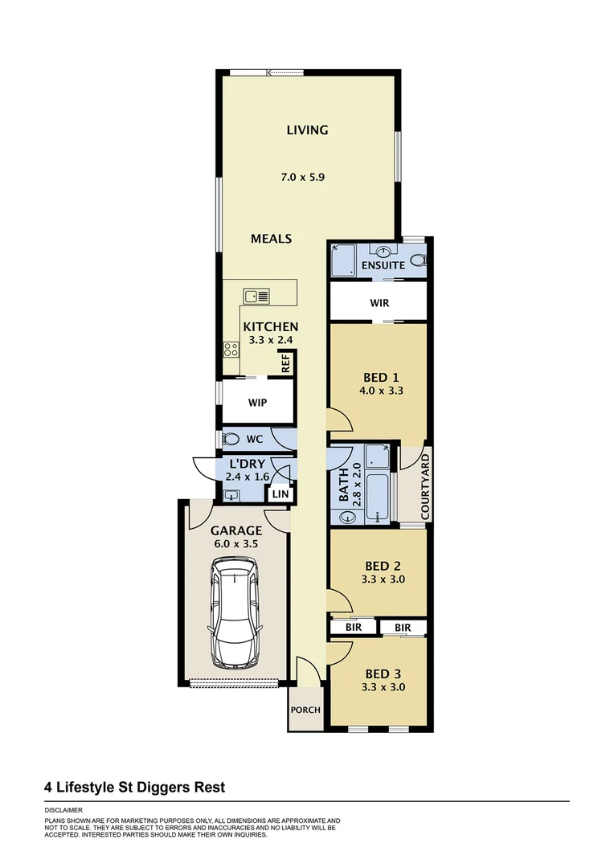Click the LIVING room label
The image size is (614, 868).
click(307, 130)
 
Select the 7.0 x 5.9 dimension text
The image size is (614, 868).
click(307, 177)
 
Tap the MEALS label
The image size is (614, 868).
click(271, 239)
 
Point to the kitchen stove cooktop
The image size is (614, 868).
click(231, 350)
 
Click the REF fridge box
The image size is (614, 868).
click(285, 364)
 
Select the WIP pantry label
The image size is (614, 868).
click(257, 403)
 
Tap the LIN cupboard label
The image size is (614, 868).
click(280, 494)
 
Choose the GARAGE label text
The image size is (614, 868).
click(236, 530)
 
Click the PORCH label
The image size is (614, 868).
click(305, 710)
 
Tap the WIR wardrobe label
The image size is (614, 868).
click(380, 304)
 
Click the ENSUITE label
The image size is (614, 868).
click(383, 264)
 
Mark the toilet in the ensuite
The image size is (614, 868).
click(418, 260)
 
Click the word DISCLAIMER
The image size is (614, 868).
click(63, 810)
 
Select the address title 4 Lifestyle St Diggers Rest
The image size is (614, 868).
click(134, 787)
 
